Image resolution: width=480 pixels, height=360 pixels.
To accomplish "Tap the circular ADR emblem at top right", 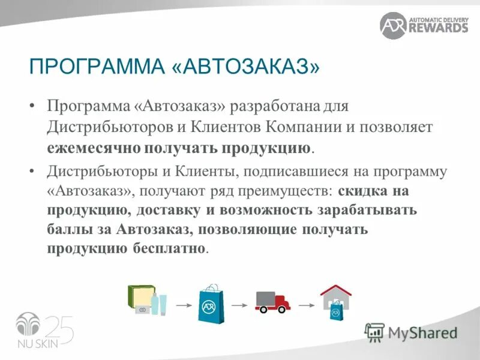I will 393,25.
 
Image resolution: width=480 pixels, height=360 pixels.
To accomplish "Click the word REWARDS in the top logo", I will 438,28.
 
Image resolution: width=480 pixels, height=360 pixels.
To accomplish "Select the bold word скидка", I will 365,191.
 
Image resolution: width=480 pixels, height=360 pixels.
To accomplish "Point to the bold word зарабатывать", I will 365,211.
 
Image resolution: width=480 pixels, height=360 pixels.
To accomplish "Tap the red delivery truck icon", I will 272,301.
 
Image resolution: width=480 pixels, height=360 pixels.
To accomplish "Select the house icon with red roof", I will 335,302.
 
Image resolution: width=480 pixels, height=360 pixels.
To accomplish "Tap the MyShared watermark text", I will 422,332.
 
